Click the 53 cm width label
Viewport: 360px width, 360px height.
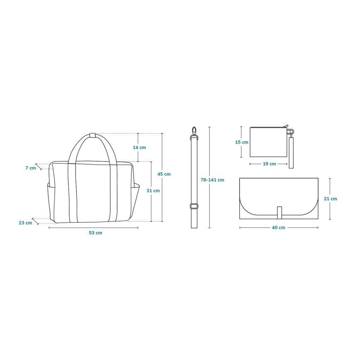tap(95, 233)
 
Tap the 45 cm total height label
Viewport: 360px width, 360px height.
tap(164, 174)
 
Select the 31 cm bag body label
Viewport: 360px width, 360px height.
tap(153, 191)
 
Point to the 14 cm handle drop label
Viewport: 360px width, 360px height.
tap(139, 148)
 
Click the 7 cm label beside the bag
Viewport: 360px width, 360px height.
tap(31, 168)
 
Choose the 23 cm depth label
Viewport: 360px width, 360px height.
tap(25, 223)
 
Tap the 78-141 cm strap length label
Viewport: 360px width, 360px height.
tap(212, 180)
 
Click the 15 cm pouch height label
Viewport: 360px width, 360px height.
tap(242, 142)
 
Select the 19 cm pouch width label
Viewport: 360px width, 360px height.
tap(269, 164)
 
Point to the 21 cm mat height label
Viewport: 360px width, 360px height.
tap(331, 199)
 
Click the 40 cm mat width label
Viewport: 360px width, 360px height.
tap(279, 227)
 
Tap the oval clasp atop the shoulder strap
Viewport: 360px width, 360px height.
tap(194, 131)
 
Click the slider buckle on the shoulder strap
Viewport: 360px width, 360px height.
tap(194, 206)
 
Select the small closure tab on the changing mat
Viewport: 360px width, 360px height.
tap(280, 212)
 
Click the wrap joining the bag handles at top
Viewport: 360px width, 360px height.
tap(92, 135)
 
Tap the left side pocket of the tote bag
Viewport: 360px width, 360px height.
tap(51, 201)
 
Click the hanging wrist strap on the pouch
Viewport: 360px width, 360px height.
tap(291, 152)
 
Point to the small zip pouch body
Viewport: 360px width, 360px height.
tap(268, 142)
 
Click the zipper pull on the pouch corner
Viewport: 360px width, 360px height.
tap(286, 126)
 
